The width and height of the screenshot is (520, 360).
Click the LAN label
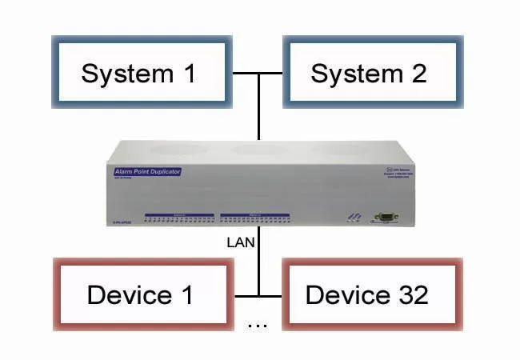[x=239, y=242]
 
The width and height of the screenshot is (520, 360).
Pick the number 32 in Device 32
[x=413, y=294]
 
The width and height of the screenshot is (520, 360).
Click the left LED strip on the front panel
[x=179, y=216]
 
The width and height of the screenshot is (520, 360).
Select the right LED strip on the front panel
[x=254, y=216]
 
